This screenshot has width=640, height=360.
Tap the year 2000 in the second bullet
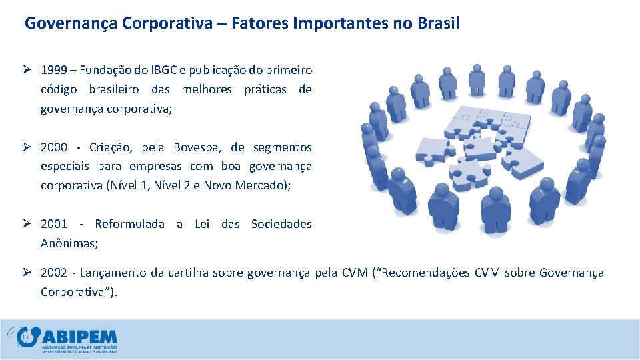54,147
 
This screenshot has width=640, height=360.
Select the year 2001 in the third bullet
54,224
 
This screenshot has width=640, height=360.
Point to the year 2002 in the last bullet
54,273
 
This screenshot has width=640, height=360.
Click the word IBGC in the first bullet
179,70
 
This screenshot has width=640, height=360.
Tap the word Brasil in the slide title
436,23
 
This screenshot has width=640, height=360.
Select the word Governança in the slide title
71,24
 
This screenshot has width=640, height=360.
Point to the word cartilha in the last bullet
188,273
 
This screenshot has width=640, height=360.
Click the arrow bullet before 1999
29,70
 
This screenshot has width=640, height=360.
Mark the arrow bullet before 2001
29,224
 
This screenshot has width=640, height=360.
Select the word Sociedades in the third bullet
281,224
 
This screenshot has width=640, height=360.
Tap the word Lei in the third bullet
201,224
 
